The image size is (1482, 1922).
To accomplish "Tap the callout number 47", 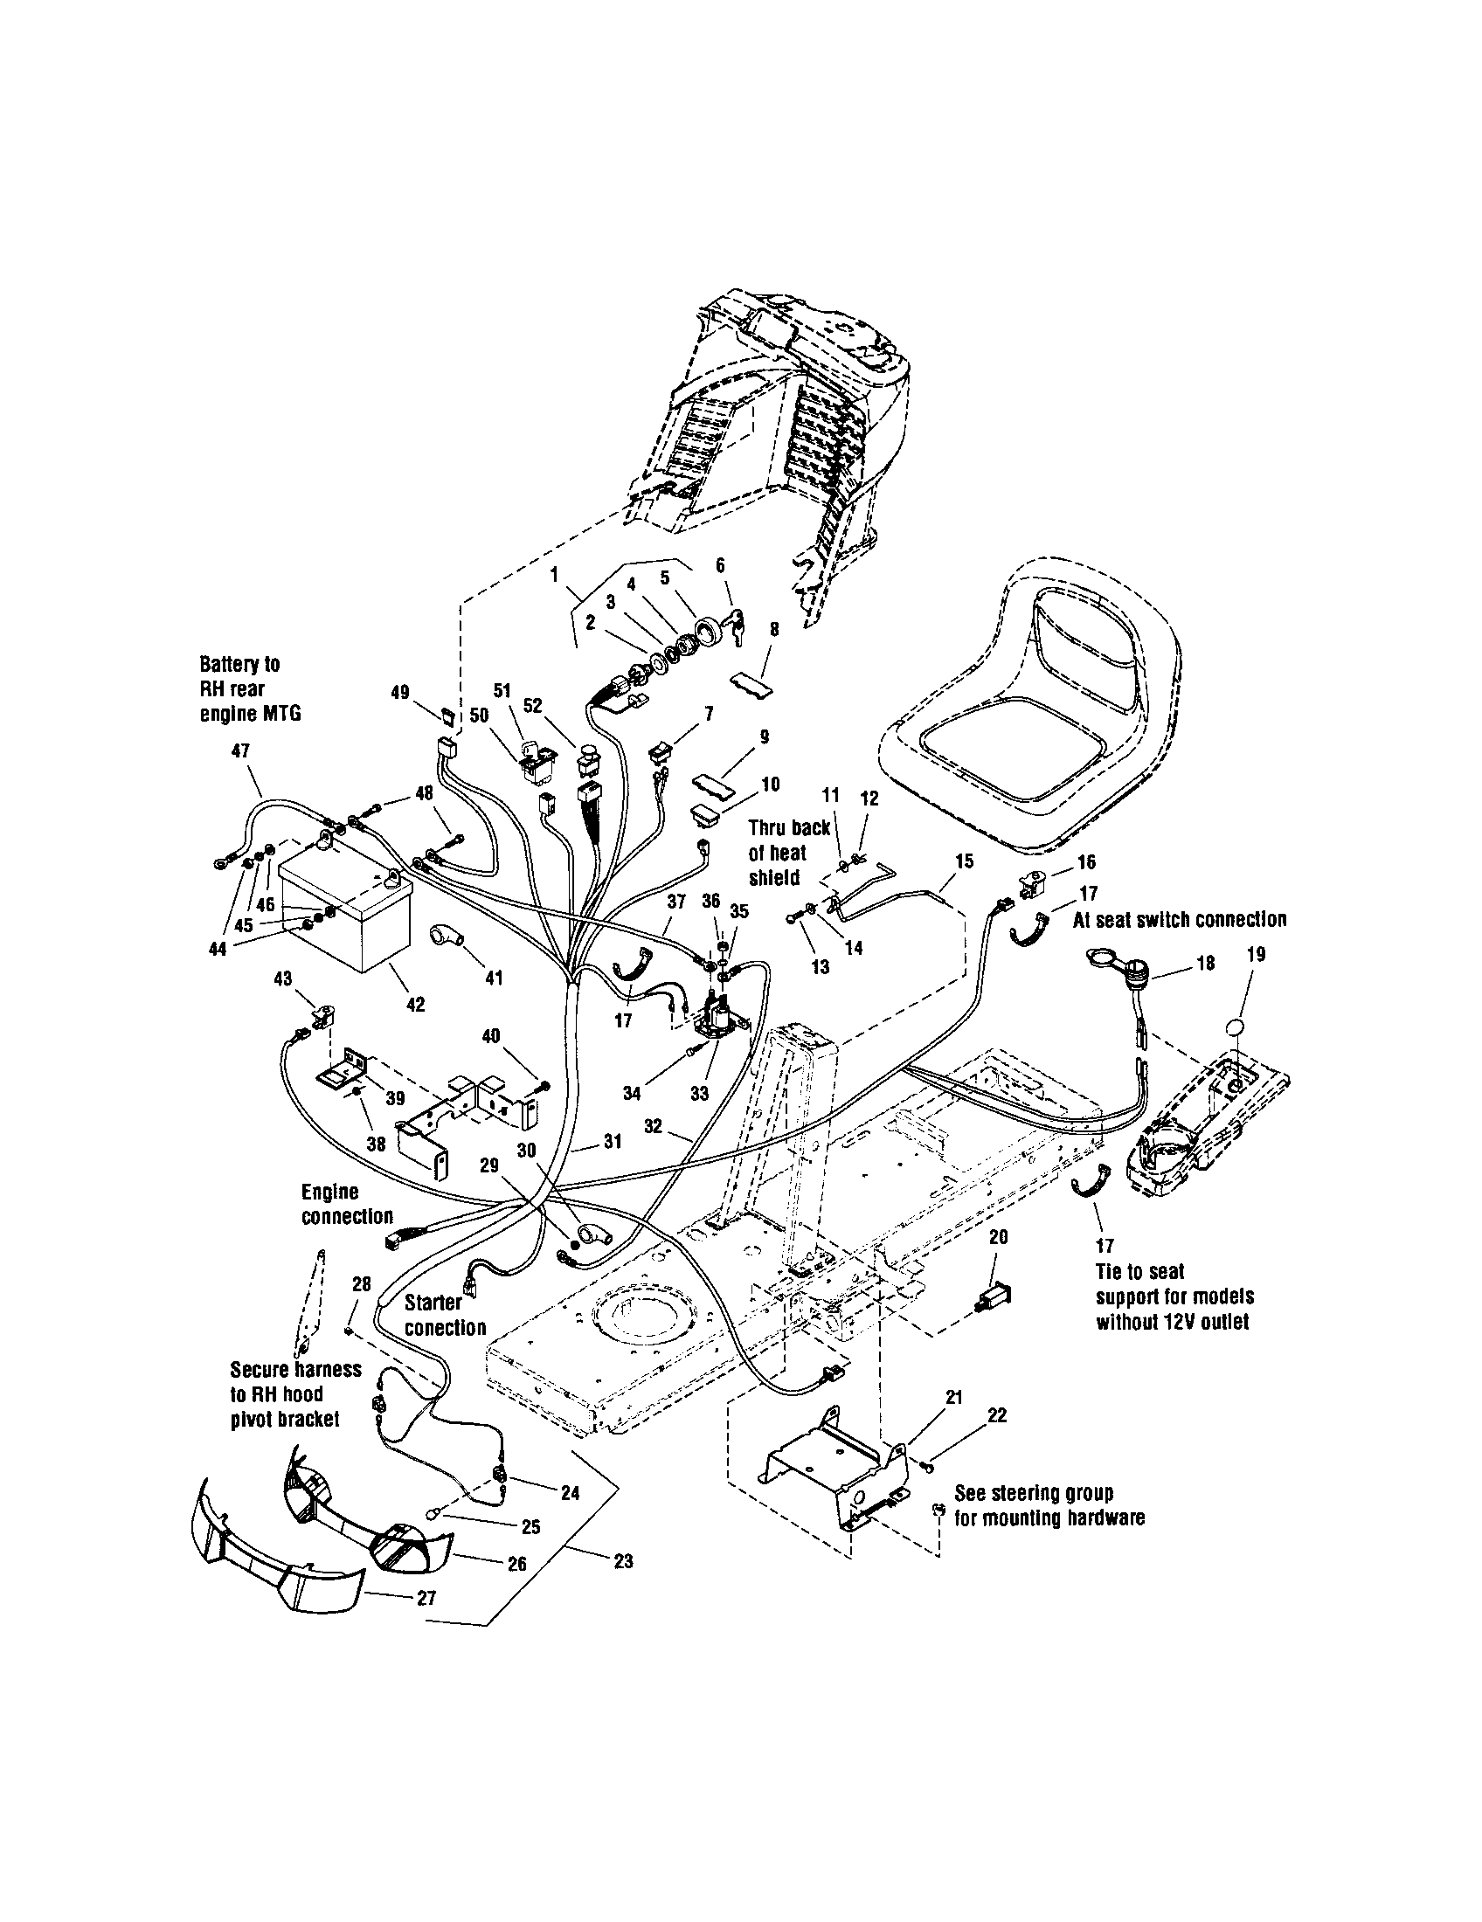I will [239, 750].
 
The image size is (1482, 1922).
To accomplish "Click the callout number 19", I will [1256, 953].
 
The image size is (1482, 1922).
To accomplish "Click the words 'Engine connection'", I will [347, 1204].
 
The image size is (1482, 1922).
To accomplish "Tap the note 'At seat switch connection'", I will [1179, 920].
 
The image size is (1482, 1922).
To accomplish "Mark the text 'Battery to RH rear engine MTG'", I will [250, 689].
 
